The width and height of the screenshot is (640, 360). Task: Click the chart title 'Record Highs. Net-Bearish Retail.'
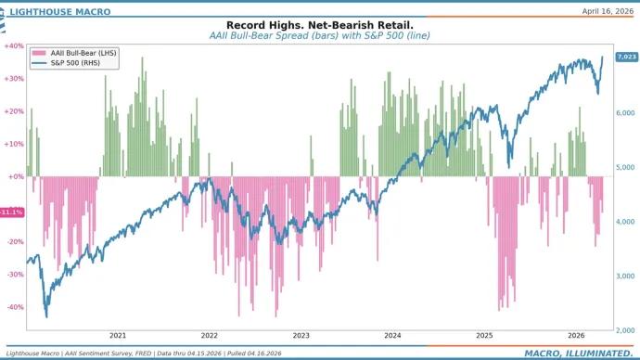point(320,25)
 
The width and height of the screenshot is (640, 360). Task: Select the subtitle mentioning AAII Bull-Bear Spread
point(320,35)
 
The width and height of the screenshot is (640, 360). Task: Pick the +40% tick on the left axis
point(14,45)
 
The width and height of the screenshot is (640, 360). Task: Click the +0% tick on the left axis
point(16,176)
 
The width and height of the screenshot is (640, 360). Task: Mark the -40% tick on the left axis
point(15,307)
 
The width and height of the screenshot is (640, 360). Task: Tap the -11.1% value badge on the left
point(12,212)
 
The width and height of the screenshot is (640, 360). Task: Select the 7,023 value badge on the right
point(626,58)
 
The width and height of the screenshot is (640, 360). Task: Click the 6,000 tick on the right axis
point(626,112)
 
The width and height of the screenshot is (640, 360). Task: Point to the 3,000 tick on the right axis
point(626,276)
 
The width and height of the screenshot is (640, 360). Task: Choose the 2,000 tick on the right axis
point(626,329)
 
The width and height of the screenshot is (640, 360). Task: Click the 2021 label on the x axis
point(118,336)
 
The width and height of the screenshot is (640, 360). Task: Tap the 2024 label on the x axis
point(392,336)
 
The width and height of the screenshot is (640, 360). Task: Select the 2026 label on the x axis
point(575,336)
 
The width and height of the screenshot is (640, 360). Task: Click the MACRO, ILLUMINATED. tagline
point(577,353)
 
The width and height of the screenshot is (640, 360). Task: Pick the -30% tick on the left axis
point(15,275)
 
